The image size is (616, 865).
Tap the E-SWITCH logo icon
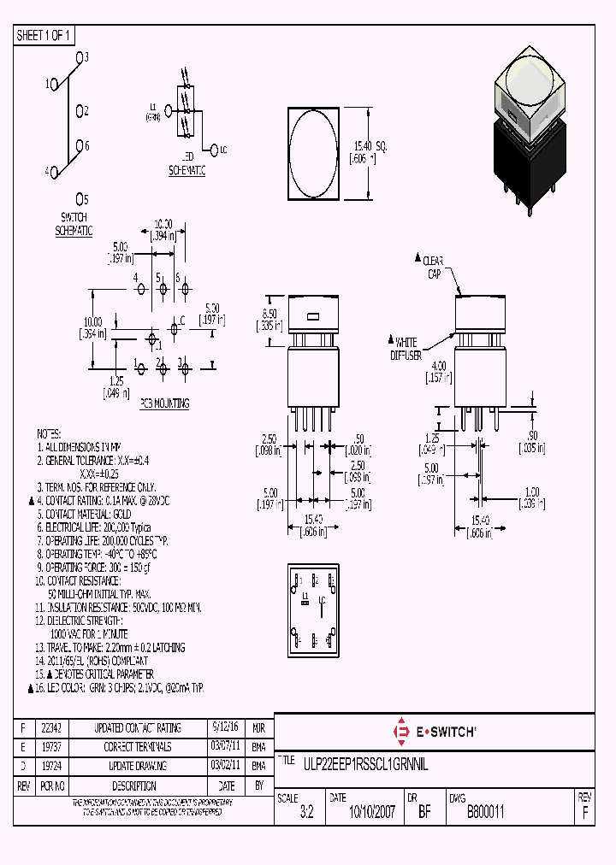pos(400,732)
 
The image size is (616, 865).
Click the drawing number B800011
pos(485,813)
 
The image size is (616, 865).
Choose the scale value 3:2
pos(307,813)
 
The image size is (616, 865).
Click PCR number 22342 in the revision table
pos(51,728)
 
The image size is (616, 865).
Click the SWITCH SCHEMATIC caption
pos(74,224)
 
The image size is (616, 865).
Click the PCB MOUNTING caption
pos(165,403)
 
